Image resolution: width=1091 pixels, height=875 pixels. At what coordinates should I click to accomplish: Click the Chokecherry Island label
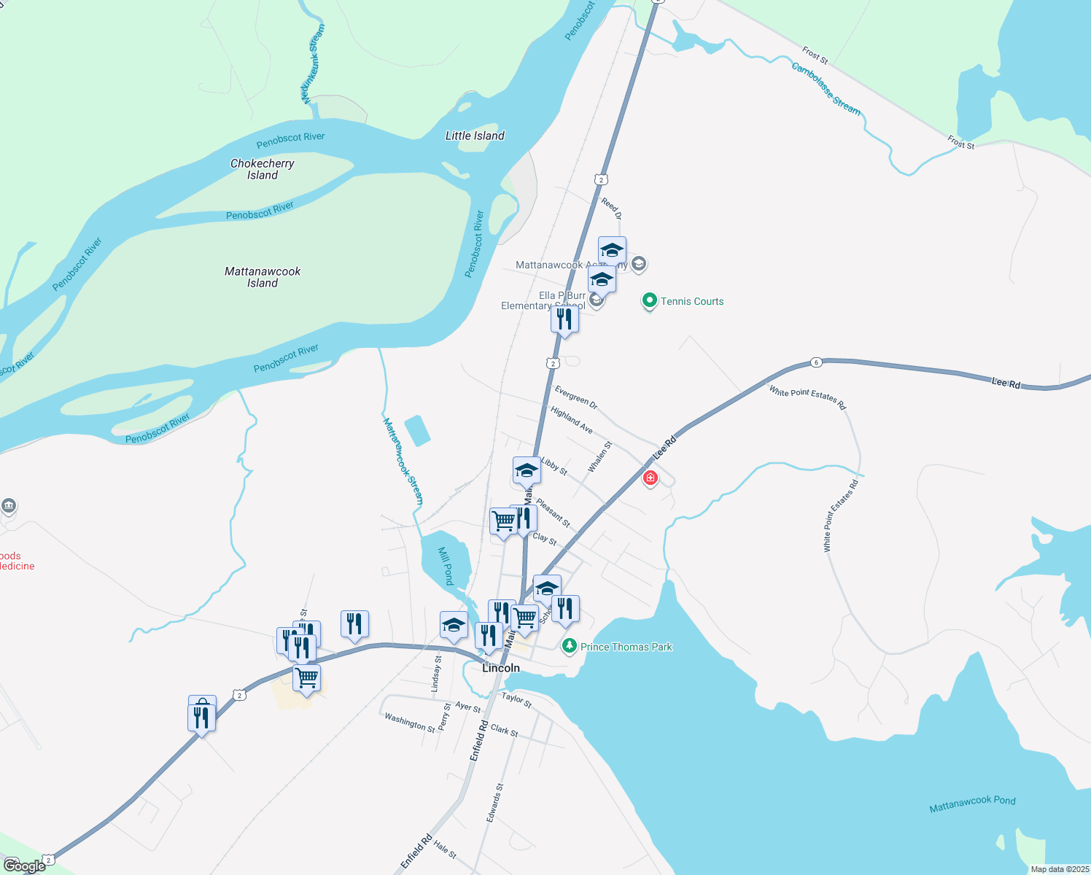point(262,169)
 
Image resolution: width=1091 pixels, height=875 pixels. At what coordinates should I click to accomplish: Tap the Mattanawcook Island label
point(263,277)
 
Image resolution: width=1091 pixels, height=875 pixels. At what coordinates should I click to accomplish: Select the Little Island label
point(475,136)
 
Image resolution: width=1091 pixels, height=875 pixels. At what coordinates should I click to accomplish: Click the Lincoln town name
point(501,668)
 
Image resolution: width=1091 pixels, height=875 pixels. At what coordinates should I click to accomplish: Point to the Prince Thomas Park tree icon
point(569,646)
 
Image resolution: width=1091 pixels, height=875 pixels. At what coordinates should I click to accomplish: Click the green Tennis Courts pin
point(649,300)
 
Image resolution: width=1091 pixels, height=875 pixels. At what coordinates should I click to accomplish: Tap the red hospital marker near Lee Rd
point(650,478)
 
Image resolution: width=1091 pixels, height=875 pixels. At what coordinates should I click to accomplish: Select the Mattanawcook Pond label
point(972,804)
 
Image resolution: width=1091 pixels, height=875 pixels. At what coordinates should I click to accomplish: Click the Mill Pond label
point(446,566)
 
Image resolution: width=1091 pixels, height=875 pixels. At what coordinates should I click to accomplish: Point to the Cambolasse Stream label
point(826,89)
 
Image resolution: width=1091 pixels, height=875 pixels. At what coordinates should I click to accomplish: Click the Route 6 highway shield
point(816,362)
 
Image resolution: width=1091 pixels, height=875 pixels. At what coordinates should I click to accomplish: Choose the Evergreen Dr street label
point(575,397)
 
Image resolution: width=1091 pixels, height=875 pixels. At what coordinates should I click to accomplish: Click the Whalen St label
point(599,457)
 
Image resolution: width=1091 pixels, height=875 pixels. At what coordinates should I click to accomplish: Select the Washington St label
point(409,723)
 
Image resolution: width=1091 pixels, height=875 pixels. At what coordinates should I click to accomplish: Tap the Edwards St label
point(495,803)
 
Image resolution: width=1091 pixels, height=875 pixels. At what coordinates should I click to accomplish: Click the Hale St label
point(445,849)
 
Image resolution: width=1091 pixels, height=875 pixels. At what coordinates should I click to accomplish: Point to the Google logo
point(25,866)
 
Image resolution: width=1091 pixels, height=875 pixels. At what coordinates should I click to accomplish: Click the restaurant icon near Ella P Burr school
point(564,319)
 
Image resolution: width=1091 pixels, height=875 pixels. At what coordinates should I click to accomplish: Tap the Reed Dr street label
point(611,208)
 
